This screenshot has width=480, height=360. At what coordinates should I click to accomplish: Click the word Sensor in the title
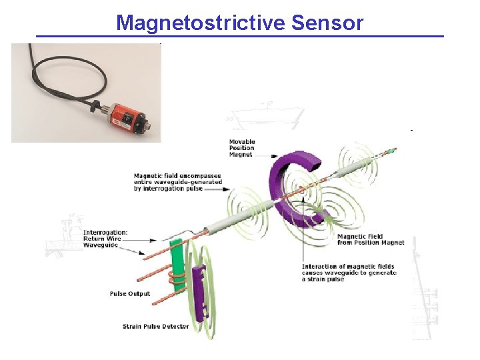pyautogui.click(x=327, y=23)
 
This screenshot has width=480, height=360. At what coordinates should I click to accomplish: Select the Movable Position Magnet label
pyautogui.click(x=241, y=148)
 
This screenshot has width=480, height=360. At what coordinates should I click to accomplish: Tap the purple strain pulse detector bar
pyautogui.click(x=198, y=290)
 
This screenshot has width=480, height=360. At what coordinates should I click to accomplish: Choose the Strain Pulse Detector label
pyautogui.click(x=155, y=326)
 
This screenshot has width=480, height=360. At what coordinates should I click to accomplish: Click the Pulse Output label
pyautogui.click(x=130, y=293)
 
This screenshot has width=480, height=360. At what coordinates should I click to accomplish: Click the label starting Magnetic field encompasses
pyautogui.click(x=177, y=182)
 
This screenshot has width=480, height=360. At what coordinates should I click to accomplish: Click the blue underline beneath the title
pyautogui.click(x=239, y=36)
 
